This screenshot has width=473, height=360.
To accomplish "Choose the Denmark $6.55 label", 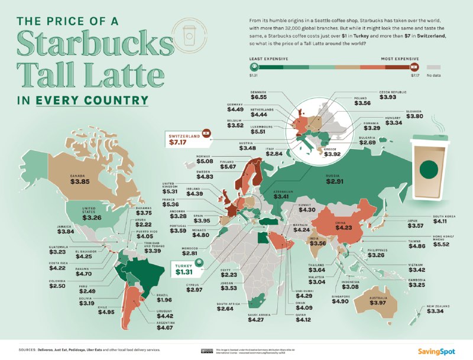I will pos(261,100).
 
